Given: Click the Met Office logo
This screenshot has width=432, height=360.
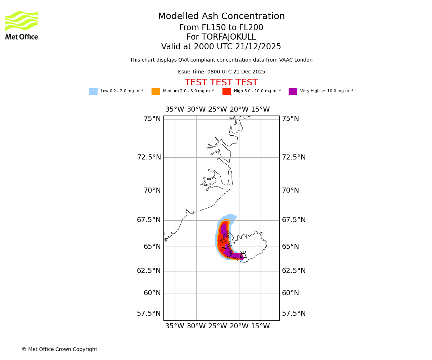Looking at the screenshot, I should [22, 25].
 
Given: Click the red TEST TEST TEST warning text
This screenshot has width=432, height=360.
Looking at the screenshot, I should [221, 82].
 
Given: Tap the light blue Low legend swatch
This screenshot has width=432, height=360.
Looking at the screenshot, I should [93, 91].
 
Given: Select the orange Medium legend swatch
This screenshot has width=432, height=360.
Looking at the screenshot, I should [156, 91].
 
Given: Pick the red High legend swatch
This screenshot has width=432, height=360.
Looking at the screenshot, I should [226, 91].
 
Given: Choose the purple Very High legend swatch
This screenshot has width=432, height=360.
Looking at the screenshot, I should [293, 91].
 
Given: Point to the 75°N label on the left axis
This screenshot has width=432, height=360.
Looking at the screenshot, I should [152, 119].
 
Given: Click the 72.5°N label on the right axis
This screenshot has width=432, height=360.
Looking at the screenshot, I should [293, 157].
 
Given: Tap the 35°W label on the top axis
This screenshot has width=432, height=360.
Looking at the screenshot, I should [175, 109].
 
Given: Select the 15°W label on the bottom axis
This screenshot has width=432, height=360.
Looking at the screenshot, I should [260, 326].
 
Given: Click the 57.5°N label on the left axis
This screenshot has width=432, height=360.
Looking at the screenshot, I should [149, 314].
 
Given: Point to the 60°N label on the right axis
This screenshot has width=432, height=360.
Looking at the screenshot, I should [290, 293].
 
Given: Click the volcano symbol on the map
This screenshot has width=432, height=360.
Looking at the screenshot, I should [243, 254].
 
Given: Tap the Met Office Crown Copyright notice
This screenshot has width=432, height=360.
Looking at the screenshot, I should [59, 349].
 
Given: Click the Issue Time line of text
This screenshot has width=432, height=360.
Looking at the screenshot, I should [221, 72].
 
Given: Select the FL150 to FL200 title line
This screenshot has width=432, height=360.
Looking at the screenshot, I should [221, 28].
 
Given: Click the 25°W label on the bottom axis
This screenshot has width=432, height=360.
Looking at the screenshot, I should [217, 326].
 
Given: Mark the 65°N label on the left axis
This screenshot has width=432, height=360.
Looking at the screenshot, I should [152, 247].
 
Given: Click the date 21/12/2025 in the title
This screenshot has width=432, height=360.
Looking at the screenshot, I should [258, 47].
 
